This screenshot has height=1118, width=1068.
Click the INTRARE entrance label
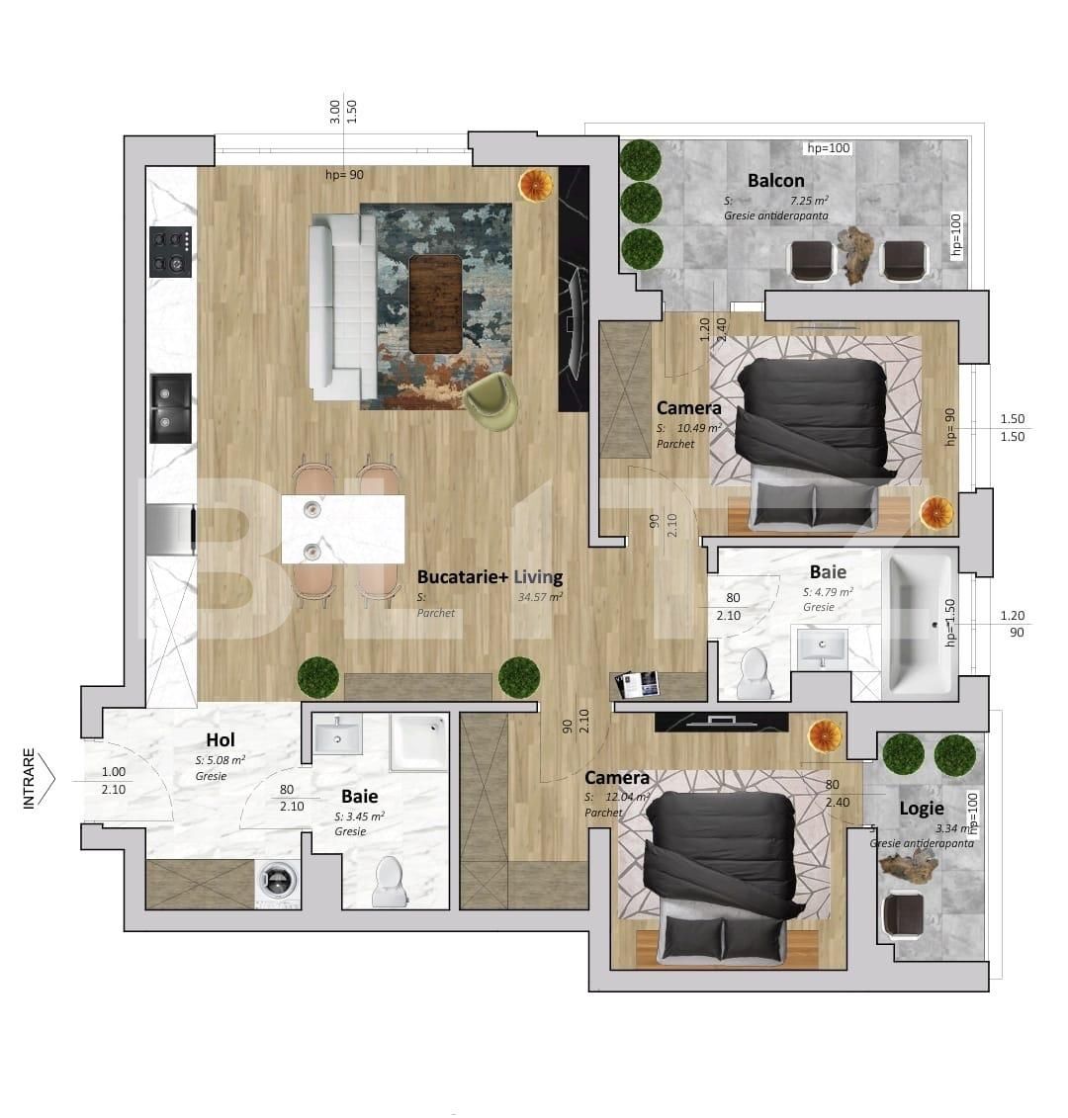(29, 779)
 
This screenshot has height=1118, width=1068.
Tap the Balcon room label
(775, 181)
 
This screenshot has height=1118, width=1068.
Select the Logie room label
(921, 809)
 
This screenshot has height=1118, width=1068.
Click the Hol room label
(221, 740)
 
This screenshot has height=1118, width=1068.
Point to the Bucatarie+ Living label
(489, 577)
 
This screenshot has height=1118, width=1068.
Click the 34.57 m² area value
(540, 597)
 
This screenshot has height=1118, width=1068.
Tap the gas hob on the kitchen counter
(170, 252)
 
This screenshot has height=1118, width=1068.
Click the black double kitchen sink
(170, 408)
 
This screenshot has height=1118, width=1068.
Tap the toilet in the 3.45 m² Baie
(390, 881)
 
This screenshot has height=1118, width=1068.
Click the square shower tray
(419, 740)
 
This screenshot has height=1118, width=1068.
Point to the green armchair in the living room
(491, 401)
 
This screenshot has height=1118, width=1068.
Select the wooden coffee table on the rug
(435, 303)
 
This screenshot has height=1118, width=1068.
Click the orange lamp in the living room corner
(536, 186)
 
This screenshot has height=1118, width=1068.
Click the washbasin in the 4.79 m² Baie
(822, 647)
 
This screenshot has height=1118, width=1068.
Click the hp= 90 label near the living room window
(344, 175)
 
